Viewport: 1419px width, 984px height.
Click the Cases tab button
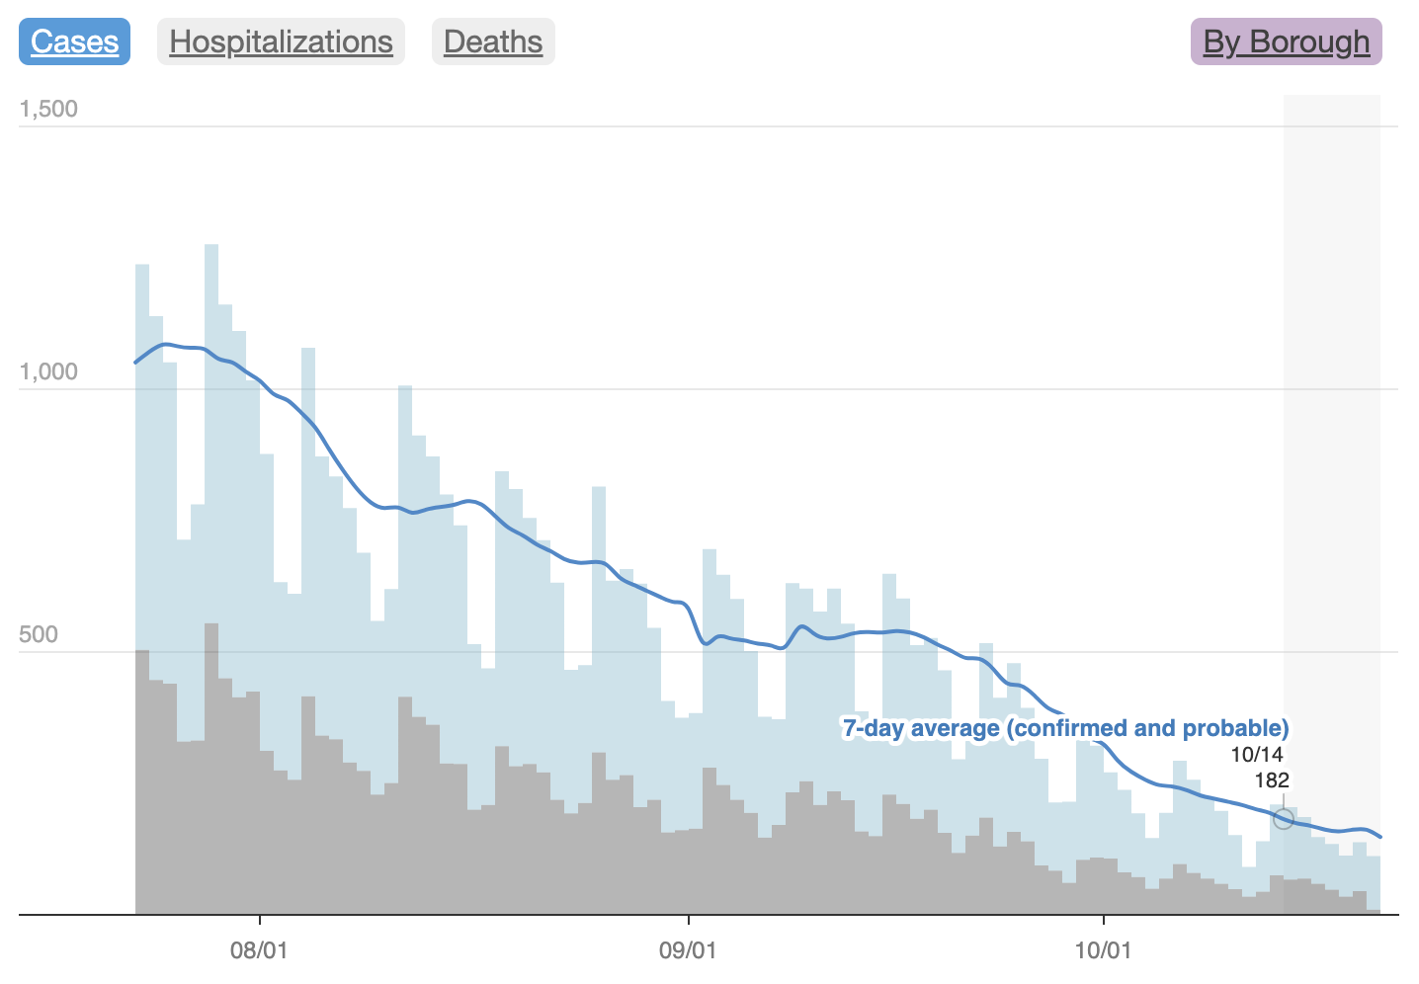tap(74, 41)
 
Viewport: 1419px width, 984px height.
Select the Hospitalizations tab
tap(281, 41)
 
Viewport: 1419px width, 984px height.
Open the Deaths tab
tap(493, 41)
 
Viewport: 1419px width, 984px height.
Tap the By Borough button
tap(1286, 41)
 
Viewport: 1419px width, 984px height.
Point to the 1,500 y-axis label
tap(48, 109)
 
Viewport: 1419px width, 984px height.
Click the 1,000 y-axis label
tap(48, 371)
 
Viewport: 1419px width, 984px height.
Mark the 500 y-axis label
tap(39, 634)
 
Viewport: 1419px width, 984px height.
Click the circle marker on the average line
tap(1283, 818)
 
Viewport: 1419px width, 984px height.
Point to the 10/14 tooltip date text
tap(1257, 755)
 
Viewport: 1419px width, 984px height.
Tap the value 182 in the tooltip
tap(1272, 780)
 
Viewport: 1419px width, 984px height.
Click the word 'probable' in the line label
tap(1245, 729)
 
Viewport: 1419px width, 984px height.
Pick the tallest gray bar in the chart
tap(211, 771)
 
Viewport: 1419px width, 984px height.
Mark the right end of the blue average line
tap(1380, 837)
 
